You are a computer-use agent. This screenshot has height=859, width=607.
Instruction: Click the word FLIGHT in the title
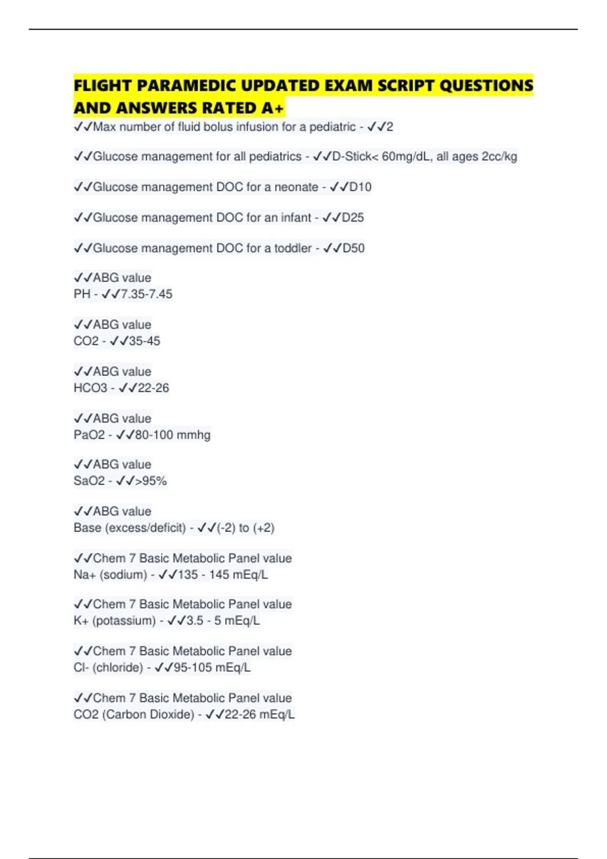click(103, 85)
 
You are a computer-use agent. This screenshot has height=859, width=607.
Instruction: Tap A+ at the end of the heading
click(273, 108)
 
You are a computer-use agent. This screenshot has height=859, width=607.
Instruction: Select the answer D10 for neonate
click(360, 187)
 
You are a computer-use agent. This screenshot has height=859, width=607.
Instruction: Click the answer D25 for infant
click(353, 218)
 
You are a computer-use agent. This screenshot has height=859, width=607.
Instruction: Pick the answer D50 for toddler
click(354, 248)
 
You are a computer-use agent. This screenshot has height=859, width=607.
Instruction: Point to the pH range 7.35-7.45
click(146, 294)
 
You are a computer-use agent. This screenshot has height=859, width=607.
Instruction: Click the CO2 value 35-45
click(144, 341)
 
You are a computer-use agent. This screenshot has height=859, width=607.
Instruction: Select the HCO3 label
click(91, 388)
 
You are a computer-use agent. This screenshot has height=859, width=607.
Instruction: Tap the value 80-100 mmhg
click(172, 435)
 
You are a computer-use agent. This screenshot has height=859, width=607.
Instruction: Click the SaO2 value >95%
click(151, 481)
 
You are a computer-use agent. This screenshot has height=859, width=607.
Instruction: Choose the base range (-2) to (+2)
click(245, 528)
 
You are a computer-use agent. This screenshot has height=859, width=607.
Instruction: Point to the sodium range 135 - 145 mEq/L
click(223, 575)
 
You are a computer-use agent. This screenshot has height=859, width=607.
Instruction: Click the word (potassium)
click(124, 621)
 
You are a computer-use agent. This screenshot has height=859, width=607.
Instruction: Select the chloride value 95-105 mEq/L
click(212, 668)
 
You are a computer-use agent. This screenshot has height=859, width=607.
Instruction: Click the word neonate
click(296, 187)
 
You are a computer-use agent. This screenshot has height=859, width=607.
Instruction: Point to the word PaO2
click(89, 435)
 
